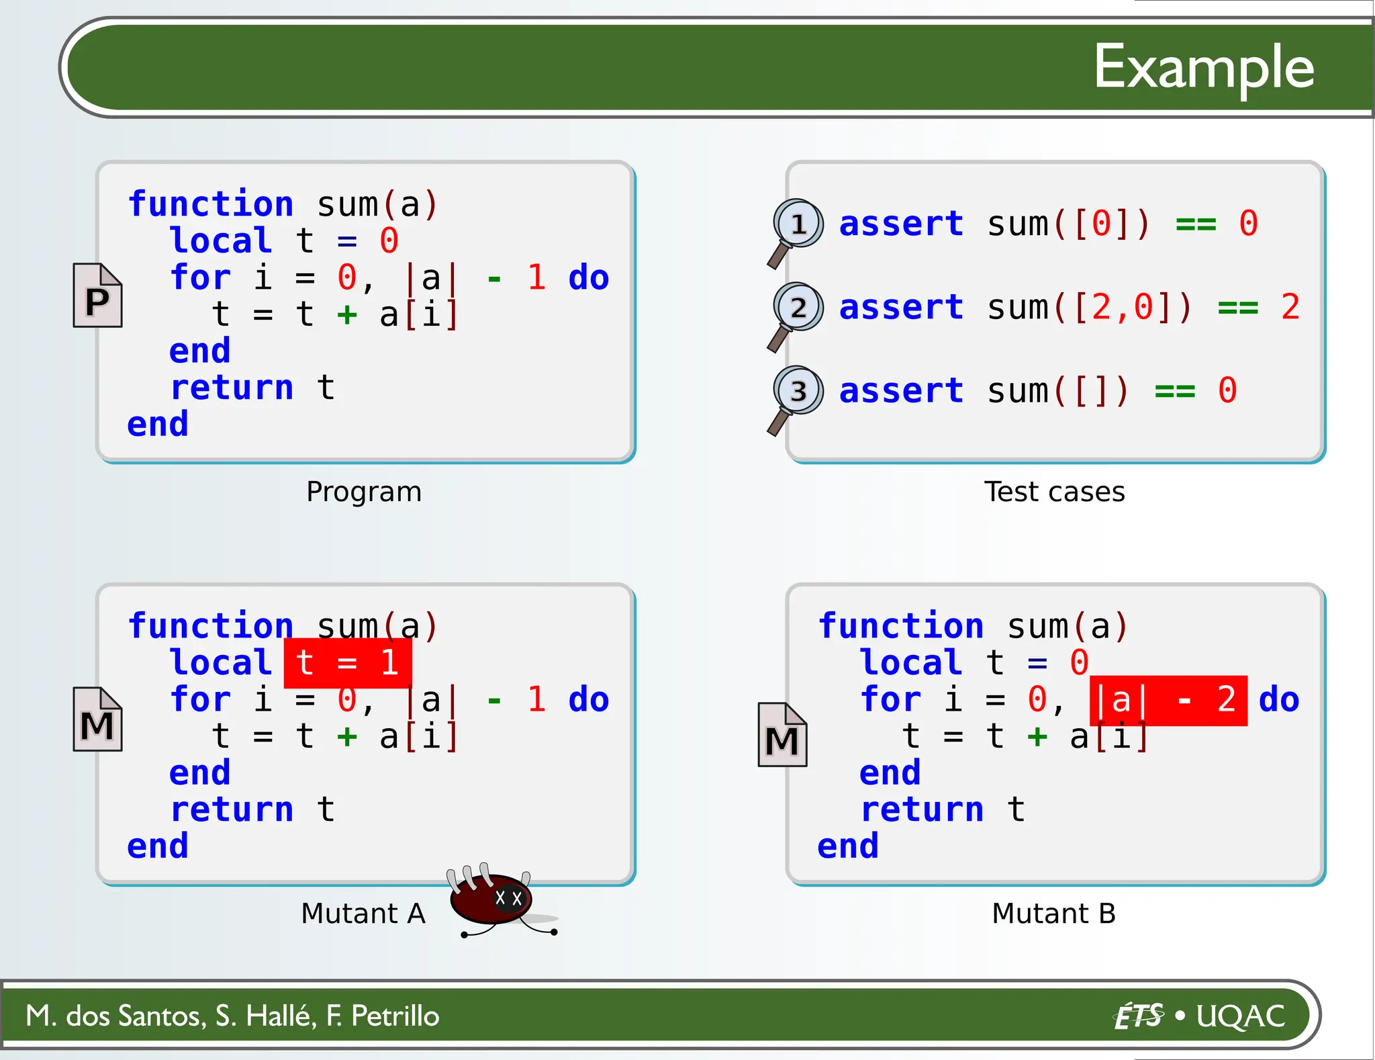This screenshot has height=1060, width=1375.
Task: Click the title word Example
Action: [1203, 67]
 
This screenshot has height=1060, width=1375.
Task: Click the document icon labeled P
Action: [97, 296]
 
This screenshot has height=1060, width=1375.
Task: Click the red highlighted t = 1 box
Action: [348, 663]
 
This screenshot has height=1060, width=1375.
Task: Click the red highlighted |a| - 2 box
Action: [1168, 701]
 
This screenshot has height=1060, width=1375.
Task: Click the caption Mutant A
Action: [363, 914]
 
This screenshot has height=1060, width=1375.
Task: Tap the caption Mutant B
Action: [1053, 914]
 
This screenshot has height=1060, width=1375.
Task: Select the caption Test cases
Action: [1054, 492]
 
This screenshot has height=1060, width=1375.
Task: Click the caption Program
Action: [364, 492]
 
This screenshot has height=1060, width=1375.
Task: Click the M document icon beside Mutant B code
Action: [782, 736]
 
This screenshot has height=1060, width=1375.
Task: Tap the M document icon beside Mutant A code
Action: [97, 719]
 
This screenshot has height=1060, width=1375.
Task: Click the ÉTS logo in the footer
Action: [1137, 1016]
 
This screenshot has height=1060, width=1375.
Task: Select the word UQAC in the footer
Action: [1240, 1016]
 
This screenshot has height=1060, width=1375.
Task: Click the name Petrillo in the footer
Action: [395, 1016]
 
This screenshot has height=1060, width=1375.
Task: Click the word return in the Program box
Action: [232, 388]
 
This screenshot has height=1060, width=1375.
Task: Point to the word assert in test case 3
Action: [901, 391]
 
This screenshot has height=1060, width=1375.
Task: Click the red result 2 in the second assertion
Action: [1290, 308]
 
